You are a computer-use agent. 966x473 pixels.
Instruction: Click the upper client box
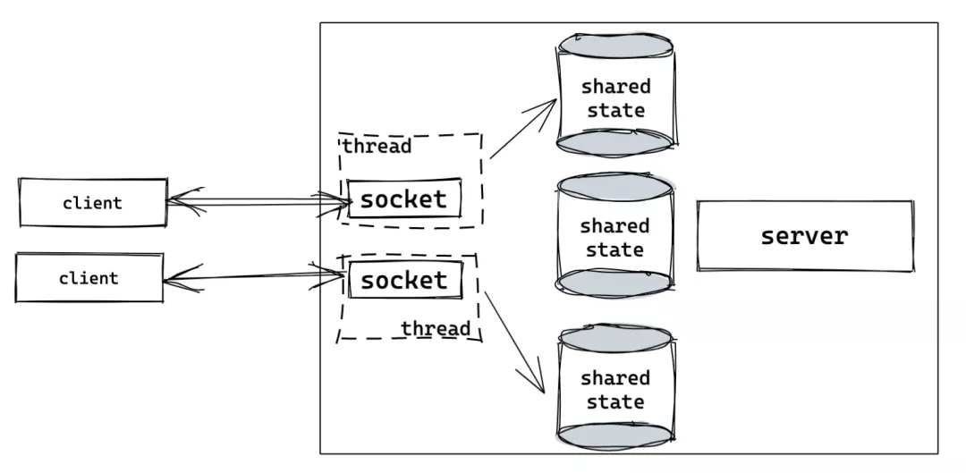[x=93, y=202]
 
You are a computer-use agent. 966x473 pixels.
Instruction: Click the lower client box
[x=89, y=278]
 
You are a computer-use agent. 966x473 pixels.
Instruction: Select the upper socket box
[x=403, y=198]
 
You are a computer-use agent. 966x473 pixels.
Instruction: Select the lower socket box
[x=404, y=280]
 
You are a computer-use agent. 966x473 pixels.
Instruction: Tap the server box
[x=804, y=236]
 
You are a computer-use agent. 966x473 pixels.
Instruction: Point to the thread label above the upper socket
[x=377, y=146]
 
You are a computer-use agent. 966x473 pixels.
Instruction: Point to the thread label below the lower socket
[x=435, y=328]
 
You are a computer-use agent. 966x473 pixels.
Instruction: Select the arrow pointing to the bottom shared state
[x=513, y=338]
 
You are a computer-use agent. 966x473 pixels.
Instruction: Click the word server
[x=804, y=236]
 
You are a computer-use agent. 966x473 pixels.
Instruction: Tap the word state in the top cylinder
[x=615, y=111]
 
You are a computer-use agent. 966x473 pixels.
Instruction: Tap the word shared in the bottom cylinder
[x=615, y=378]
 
